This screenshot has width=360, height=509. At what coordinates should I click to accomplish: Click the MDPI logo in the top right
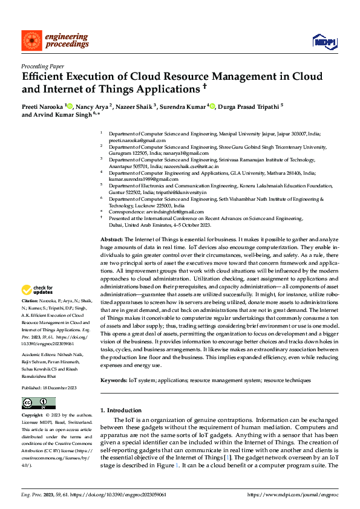point(322,41)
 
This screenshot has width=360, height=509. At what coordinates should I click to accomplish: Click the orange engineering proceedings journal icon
point(30,41)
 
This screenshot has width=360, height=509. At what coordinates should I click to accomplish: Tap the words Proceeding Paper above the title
point(43,66)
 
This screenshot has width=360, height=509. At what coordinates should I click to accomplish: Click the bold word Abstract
point(112,240)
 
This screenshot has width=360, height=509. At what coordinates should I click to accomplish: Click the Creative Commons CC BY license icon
point(38,403)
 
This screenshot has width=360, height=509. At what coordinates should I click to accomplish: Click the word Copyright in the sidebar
point(32,416)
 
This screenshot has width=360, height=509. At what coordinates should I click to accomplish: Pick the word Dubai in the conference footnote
point(116,225)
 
